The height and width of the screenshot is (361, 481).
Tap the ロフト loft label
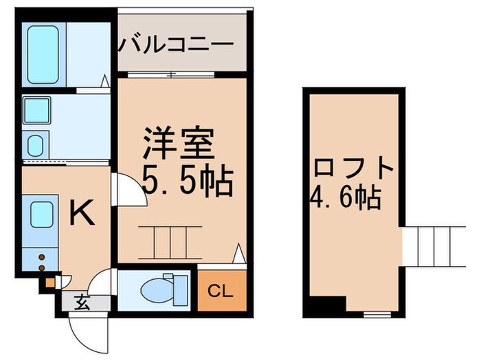355,169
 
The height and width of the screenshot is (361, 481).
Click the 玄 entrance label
82,300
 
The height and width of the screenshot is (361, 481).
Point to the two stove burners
41,263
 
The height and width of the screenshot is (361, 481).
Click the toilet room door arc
102,281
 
